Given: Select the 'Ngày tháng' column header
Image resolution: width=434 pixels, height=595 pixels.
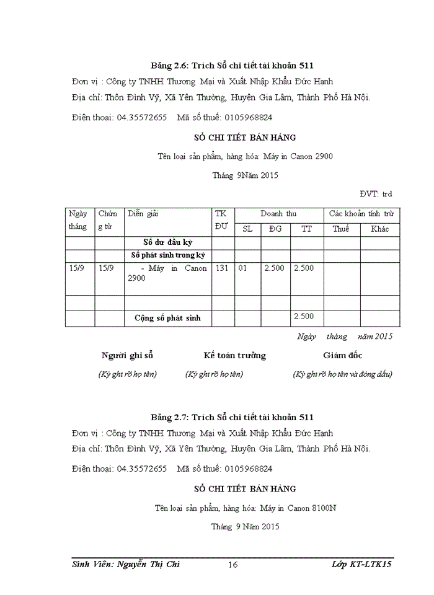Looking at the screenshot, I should point(78,220).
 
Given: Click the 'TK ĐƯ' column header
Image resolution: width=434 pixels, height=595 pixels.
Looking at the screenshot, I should point(221,220).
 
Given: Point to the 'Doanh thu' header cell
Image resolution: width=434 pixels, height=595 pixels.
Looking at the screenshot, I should point(278,214).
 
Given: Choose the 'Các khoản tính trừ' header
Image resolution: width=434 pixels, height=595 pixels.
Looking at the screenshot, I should point(361,214).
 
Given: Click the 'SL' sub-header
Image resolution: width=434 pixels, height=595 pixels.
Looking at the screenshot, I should point(247,229).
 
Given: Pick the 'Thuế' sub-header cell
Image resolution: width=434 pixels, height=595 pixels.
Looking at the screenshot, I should point(341,229).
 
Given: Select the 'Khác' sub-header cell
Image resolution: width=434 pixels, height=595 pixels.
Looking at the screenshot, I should point(379,229).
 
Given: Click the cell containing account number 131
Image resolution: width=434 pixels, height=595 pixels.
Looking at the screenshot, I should point(223,268).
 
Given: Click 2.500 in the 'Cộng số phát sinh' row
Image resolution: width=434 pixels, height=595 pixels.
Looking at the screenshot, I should point(304,317).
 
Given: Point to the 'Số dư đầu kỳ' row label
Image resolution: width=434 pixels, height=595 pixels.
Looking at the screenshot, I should point(167,242).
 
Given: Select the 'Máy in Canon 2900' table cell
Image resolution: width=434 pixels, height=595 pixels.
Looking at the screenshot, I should point(167,273).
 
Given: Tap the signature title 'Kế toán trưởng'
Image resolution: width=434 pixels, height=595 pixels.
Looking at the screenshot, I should point(234,355).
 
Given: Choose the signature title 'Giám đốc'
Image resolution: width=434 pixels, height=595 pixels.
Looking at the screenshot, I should point(343,355).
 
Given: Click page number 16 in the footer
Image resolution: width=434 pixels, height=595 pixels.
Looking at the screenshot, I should point(233,564).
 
